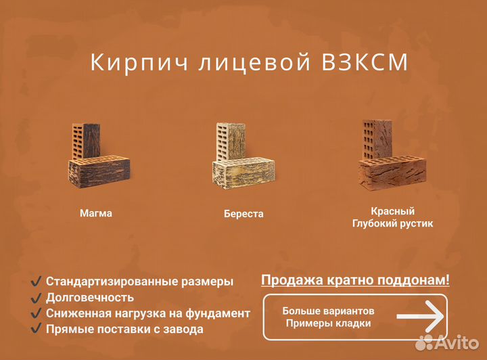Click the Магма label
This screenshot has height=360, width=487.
(96, 213)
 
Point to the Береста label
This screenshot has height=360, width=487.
(243, 214)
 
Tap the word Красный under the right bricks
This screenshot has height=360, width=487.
(392, 211)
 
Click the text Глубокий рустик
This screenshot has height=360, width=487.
(392, 223)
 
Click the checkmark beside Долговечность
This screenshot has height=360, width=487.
(37, 297)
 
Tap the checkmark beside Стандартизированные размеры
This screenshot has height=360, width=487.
(37, 281)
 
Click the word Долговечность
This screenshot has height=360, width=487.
(90, 297)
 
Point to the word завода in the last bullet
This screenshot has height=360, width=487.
(184, 330)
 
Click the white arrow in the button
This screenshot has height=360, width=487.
(419, 317)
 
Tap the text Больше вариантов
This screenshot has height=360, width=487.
(328, 311)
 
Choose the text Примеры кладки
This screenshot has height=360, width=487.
(328, 323)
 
